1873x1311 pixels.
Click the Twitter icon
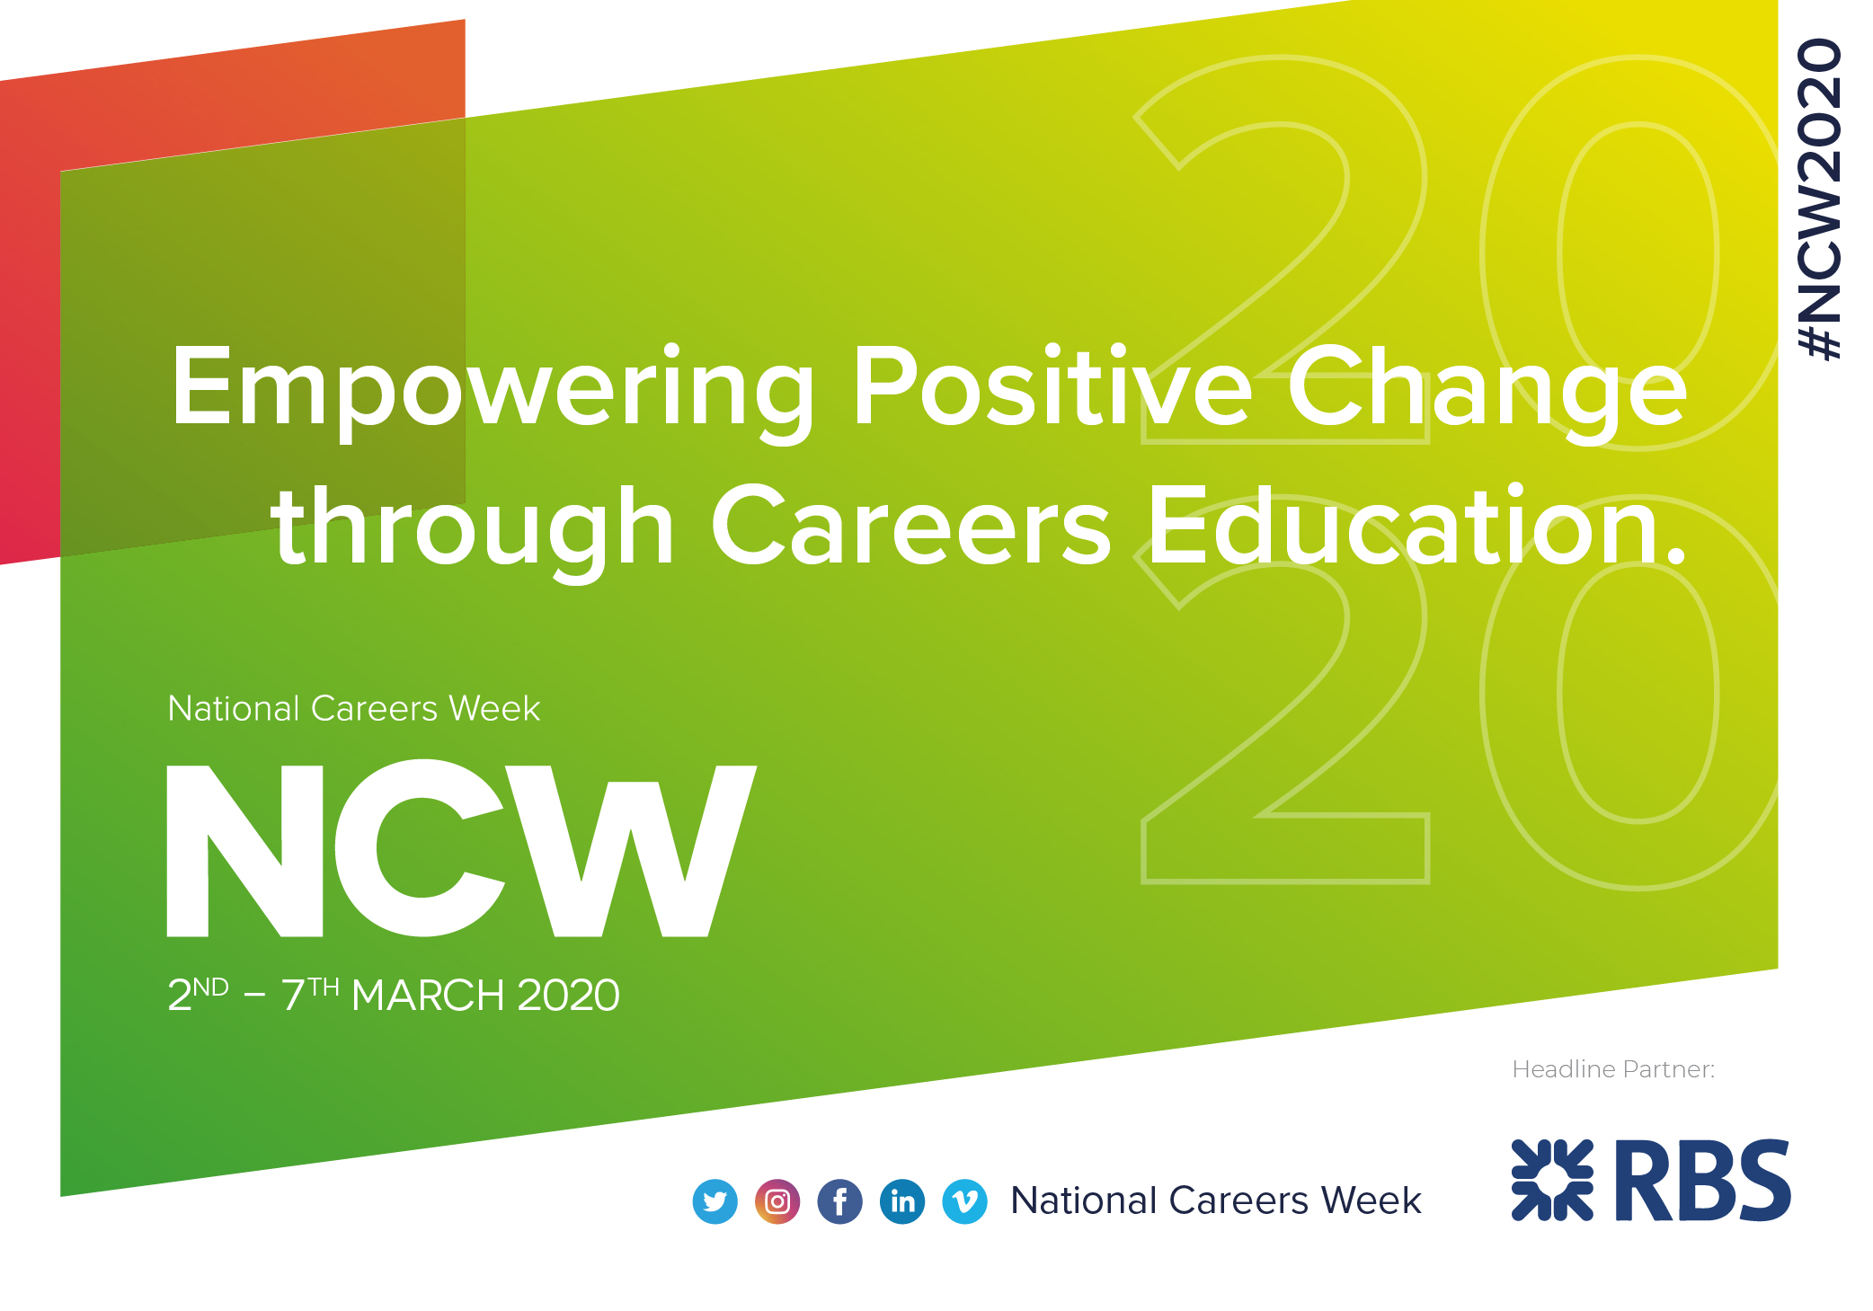pyautogui.click(x=715, y=1201)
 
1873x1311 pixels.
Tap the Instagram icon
pyautogui.click(x=777, y=1201)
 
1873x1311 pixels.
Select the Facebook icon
pyautogui.click(x=839, y=1201)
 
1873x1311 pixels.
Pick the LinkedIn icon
pyautogui.click(x=902, y=1201)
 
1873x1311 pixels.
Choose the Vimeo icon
pyautogui.click(x=964, y=1201)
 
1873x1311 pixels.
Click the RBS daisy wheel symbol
pyautogui.click(x=1552, y=1180)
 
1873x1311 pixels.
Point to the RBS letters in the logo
pyautogui.click(x=1703, y=1180)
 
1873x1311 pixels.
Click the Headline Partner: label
pyautogui.click(x=1613, y=1069)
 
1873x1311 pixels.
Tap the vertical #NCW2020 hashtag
pyautogui.click(x=1819, y=199)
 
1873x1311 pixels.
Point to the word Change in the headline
pyautogui.click(x=1487, y=388)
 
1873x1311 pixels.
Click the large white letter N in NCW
pyautogui.click(x=245, y=850)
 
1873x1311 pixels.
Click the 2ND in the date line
pyautogui.click(x=198, y=994)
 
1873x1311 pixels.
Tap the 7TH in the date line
pyautogui.click(x=310, y=994)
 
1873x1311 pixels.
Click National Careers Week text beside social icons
pyautogui.click(x=1215, y=1200)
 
